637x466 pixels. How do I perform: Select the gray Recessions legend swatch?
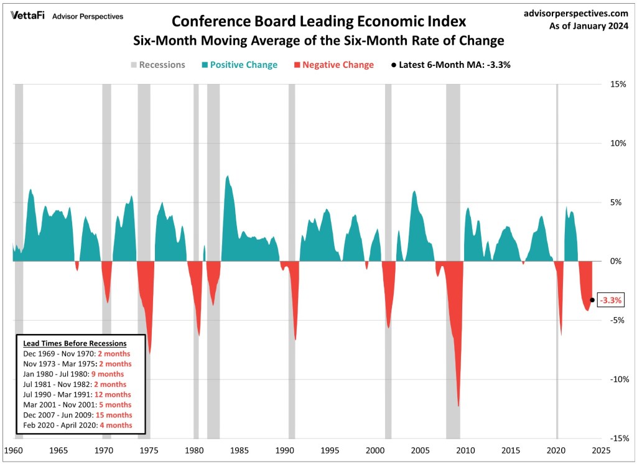pyautogui.click(x=133, y=64)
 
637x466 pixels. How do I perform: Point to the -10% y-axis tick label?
pyautogui.click(x=616, y=379)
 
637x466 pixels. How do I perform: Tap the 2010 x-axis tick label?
pyautogui.click(x=465, y=450)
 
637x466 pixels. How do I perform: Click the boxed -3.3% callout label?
pyautogui.click(x=610, y=300)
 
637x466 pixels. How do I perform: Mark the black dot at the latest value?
pyautogui.click(x=592, y=300)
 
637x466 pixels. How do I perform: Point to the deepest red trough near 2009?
pyautogui.click(x=458, y=405)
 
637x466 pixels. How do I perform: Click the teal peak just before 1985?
pyautogui.click(x=228, y=176)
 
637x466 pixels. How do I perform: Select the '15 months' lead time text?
pyautogui.click(x=114, y=415)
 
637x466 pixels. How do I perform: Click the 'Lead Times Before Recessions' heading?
pyautogui.click(x=75, y=343)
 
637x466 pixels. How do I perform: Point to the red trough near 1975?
pyautogui.click(x=150, y=353)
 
